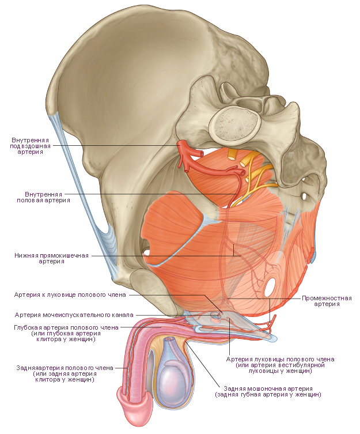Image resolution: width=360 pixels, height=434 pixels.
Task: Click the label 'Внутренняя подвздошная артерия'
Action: click(31, 146)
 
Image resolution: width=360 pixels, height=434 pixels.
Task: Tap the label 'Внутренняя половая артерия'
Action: click(43, 197)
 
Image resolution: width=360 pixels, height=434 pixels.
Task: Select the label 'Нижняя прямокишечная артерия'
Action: click(51, 258)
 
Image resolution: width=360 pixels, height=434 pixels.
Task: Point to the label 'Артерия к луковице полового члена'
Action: click(70, 295)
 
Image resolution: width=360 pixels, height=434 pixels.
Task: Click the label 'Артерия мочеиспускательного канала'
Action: click(74, 315)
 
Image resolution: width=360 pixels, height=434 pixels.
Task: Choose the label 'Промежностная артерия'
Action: click(327, 301)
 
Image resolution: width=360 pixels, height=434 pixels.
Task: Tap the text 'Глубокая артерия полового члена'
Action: click(66, 327)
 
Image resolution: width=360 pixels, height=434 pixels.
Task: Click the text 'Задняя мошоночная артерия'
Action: click(268, 388)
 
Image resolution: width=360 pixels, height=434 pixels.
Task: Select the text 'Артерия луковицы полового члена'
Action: click(280, 359)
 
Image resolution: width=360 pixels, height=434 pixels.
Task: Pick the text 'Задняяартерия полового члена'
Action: click(65, 368)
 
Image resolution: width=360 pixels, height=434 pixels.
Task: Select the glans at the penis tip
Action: click(135, 410)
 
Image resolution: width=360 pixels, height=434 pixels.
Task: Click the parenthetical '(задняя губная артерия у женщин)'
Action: click(268, 394)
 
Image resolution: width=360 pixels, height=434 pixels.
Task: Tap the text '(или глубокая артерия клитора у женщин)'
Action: click(66, 336)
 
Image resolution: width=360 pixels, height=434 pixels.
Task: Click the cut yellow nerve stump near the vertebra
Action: click(232, 154)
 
